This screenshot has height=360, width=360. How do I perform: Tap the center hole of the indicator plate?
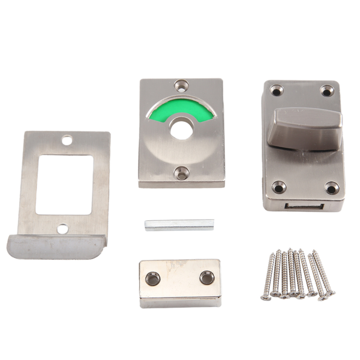(x=181, y=128)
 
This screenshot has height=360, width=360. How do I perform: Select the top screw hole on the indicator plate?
(x=181, y=85)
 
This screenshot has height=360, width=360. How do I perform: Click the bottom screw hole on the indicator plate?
(x=181, y=173)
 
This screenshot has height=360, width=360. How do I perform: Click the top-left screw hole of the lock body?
(x=276, y=91)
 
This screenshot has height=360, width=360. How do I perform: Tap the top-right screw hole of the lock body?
(x=326, y=91)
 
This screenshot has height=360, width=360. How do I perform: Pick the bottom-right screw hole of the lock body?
(x=331, y=188)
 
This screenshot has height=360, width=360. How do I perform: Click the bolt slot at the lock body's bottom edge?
(x=304, y=206)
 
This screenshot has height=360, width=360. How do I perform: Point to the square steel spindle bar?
(x=179, y=224)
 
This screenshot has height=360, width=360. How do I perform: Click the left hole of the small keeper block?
(x=153, y=278)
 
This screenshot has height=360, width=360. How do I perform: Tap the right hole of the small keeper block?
(x=207, y=277)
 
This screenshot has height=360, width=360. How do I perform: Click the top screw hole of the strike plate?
(x=67, y=140)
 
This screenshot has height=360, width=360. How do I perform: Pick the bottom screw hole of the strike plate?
(x=62, y=229)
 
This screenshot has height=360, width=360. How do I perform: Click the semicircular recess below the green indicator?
(x=181, y=150)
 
